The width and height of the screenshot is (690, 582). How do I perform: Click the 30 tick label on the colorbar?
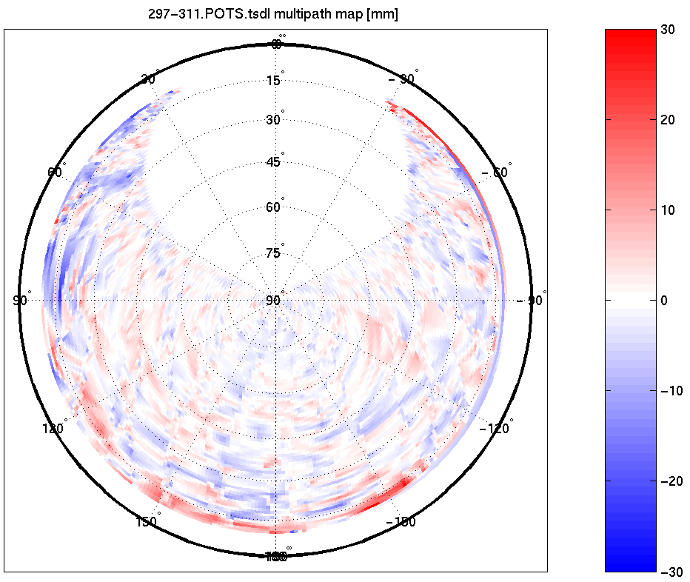[x=669, y=30]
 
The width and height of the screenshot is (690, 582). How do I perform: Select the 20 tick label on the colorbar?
[x=669, y=120]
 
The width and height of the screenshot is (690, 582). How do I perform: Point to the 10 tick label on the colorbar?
[x=669, y=210]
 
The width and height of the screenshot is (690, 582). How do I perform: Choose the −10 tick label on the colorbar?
[x=671, y=391]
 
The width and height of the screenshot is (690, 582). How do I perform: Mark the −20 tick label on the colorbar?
[x=671, y=481]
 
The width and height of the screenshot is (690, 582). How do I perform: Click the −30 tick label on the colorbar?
[x=671, y=572]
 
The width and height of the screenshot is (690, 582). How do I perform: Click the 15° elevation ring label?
[x=273, y=80]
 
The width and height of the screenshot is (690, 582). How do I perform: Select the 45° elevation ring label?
[x=273, y=162]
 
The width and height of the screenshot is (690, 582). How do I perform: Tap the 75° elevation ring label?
[x=273, y=253]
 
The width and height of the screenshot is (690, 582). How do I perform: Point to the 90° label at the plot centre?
[x=273, y=300]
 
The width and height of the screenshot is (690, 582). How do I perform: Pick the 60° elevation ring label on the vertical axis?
[x=273, y=207]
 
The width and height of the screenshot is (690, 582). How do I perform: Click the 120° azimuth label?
[x=54, y=429]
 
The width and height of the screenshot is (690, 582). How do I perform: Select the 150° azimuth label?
[x=147, y=522]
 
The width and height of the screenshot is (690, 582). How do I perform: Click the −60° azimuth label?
[x=495, y=173]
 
